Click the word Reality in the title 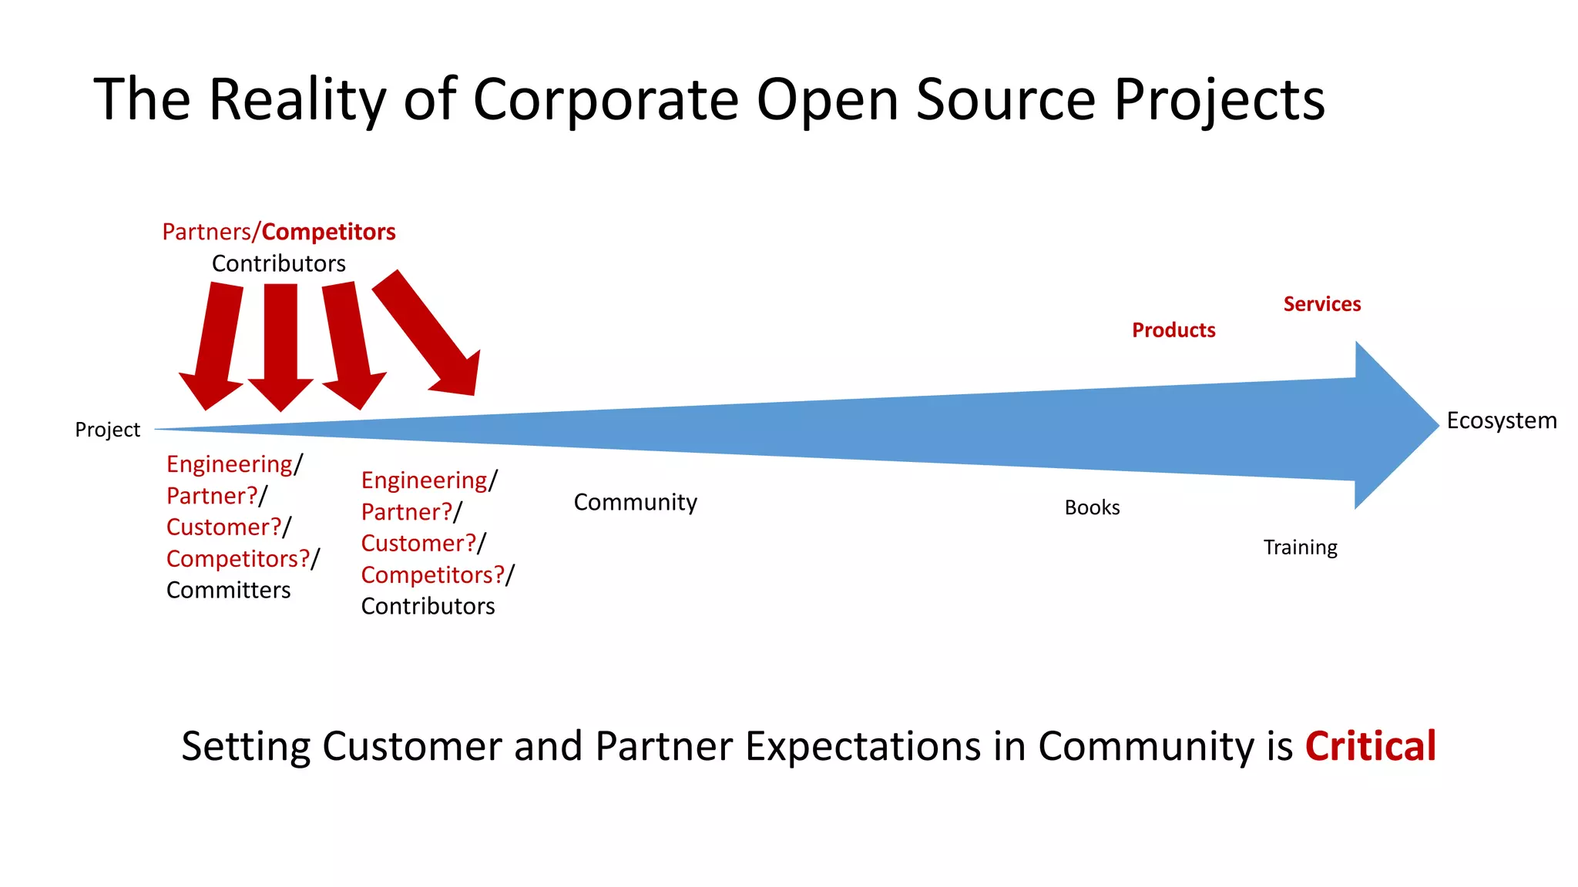[297, 100]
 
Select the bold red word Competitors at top [328, 232]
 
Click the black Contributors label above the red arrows [278, 263]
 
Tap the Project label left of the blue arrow [107, 430]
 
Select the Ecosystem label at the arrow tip [1501, 421]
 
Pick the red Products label [1173, 330]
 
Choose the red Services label [1321, 304]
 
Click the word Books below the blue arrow [1092, 507]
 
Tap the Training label [1300, 547]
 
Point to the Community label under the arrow [635, 502]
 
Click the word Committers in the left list [228, 591]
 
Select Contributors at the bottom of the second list [428, 607]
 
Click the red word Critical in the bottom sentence [1370, 746]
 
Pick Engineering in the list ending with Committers [230, 464]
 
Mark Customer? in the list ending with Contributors [418, 544]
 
